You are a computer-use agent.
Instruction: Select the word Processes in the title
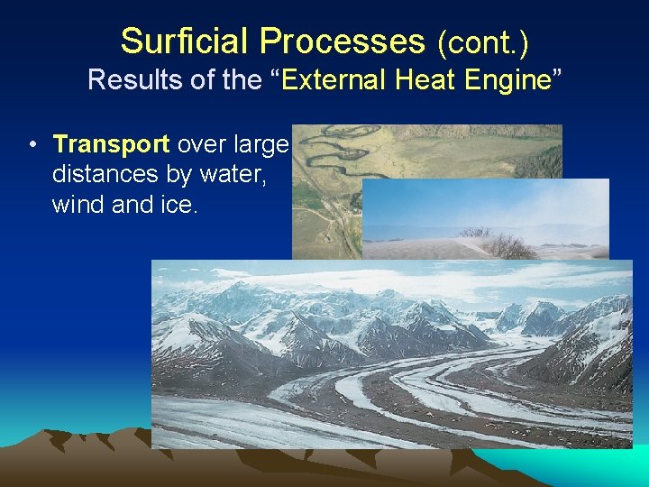coord(343,41)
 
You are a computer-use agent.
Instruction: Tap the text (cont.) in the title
coord(482,42)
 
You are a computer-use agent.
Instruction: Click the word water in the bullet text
coord(233,173)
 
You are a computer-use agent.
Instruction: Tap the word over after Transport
coord(203,144)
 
